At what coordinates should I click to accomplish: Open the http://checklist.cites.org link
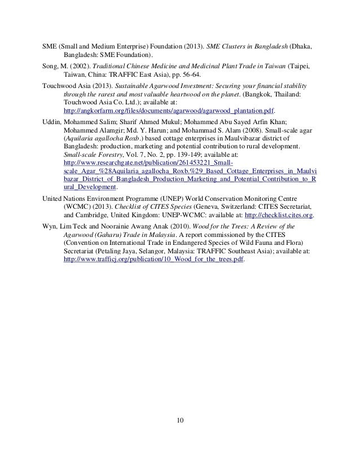pyautogui.click(x=275, y=215)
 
